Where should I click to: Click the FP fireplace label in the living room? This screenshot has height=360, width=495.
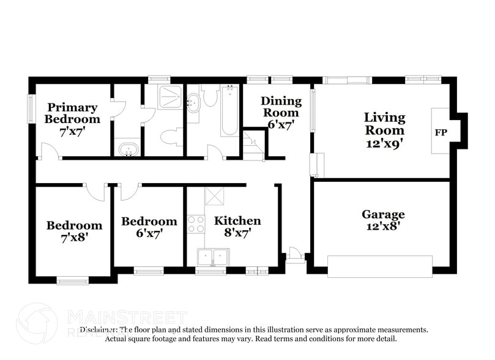(x=440, y=132)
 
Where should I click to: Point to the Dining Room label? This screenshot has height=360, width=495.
(x=281, y=107)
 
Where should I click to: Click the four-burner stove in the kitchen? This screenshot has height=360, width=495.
(x=195, y=223)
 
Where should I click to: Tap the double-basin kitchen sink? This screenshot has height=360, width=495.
(x=213, y=257)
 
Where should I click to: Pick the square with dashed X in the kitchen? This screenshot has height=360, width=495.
(x=215, y=196)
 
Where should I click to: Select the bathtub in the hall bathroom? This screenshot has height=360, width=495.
(x=229, y=111)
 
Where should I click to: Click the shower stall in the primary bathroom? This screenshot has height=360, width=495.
(x=169, y=97)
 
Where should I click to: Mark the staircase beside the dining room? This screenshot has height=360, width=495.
(x=253, y=146)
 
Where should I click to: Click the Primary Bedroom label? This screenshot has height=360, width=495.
(x=72, y=113)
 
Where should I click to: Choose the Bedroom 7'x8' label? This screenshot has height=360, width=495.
(x=74, y=231)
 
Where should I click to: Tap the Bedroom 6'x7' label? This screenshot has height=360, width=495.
(x=149, y=227)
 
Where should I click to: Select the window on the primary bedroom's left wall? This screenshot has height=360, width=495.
(x=31, y=108)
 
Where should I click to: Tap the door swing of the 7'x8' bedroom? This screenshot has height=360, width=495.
(x=95, y=192)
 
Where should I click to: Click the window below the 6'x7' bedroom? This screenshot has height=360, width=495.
(x=149, y=271)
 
